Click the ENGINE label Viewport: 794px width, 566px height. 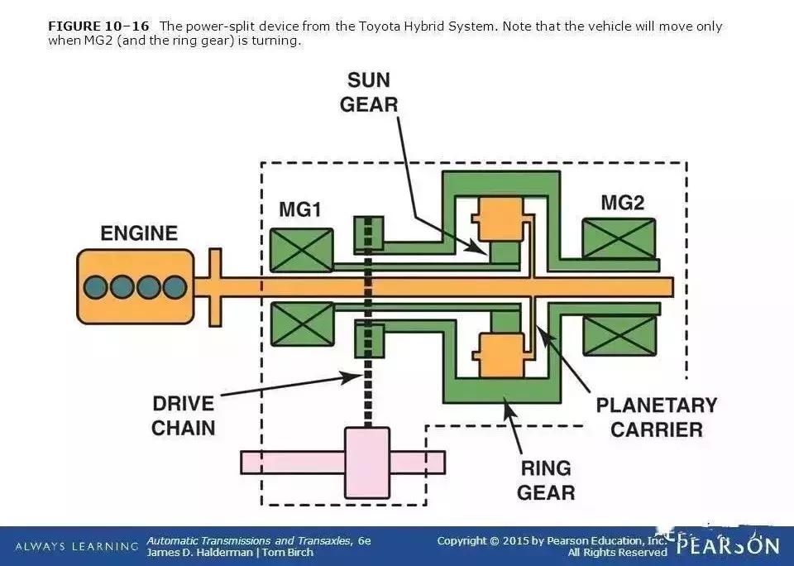[x=139, y=233]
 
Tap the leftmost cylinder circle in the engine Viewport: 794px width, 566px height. [x=96, y=287]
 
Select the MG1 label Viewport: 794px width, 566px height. [x=299, y=209]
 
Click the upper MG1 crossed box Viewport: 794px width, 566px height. [x=302, y=250]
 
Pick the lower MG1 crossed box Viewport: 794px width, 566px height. [x=302, y=324]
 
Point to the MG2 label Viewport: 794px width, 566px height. [x=622, y=203]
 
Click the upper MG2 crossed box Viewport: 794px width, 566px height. [x=619, y=238]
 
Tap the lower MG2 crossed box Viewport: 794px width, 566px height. [x=619, y=334]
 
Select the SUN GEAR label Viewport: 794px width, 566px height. [x=369, y=93]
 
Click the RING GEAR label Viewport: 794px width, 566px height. [x=546, y=480]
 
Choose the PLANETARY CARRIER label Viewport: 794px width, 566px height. [x=657, y=417]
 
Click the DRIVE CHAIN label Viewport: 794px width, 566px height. [x=183, y=415]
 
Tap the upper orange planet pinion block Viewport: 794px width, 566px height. [x=497, y=218]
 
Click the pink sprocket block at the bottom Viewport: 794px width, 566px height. [x=366, y=463]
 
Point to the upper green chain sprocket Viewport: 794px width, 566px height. [x=367, y=233]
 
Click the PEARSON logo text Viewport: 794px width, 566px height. [x=728, y=546]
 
